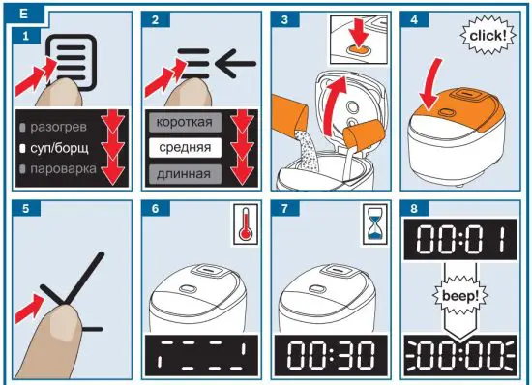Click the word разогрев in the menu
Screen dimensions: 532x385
tap(58, 127)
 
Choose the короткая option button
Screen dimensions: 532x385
tap(185, 122)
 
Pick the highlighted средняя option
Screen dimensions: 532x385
tap(185, 148)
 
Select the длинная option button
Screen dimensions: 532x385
tap(185, 174)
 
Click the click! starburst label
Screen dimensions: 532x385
tap(488, 35)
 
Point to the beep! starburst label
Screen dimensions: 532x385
tap(460, 296)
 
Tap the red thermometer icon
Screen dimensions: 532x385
tap(246, 224)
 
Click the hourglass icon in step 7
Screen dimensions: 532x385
tap(375, 224)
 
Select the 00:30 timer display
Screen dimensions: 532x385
tap(331, 355)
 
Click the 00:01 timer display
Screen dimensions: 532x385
tap(460, 239)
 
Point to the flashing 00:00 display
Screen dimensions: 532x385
tap(460, 355)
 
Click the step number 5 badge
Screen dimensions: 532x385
tap(26, 208)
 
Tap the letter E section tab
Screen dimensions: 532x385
tap(24, 14)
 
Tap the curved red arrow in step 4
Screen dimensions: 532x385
tap(430, 85)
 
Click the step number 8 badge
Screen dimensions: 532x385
tap(414, 208)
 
